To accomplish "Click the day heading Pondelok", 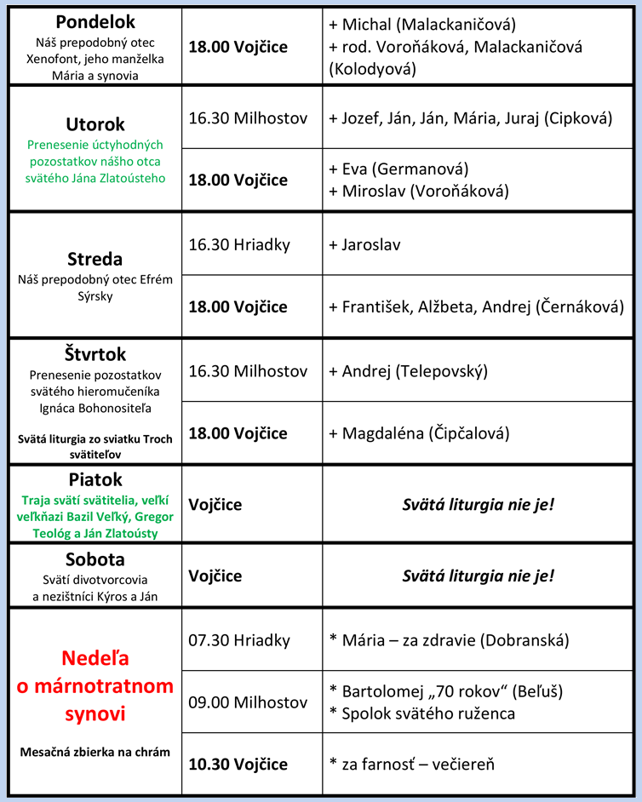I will [95, 22].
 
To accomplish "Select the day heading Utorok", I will [95, 124].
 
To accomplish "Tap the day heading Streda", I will [95, 259].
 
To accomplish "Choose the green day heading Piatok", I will [95, 479].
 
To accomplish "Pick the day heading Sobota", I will [95, 559].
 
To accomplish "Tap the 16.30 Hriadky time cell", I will [239, 244].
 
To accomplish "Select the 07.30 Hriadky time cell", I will [239, 640].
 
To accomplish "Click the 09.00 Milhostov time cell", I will [248, 702].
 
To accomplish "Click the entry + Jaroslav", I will [364, 244].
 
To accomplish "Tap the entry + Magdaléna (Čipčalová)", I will [419, 433].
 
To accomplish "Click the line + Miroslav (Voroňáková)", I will [418, 191].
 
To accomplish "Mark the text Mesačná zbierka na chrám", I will [95, 752].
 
